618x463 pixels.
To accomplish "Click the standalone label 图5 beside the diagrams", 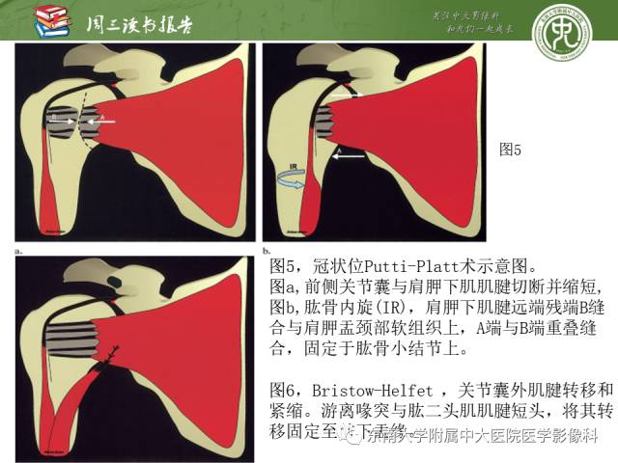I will click(509, 150).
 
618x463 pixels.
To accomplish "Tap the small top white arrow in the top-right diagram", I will click(354, 95).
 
